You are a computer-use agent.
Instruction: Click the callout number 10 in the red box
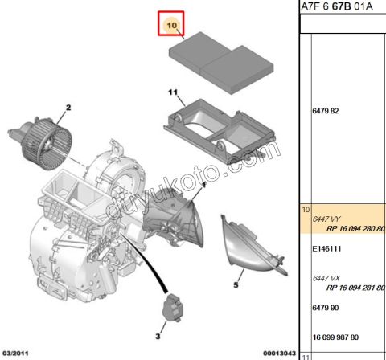[170, 26]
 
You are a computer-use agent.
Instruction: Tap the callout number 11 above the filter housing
[170, 92]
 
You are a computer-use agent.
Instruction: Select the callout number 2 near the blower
[68, 108]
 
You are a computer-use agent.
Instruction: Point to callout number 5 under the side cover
[237, 284]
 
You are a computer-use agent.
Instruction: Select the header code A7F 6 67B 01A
[343, 9]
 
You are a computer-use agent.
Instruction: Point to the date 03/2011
[17, 353]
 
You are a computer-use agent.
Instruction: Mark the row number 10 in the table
[304, 208]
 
